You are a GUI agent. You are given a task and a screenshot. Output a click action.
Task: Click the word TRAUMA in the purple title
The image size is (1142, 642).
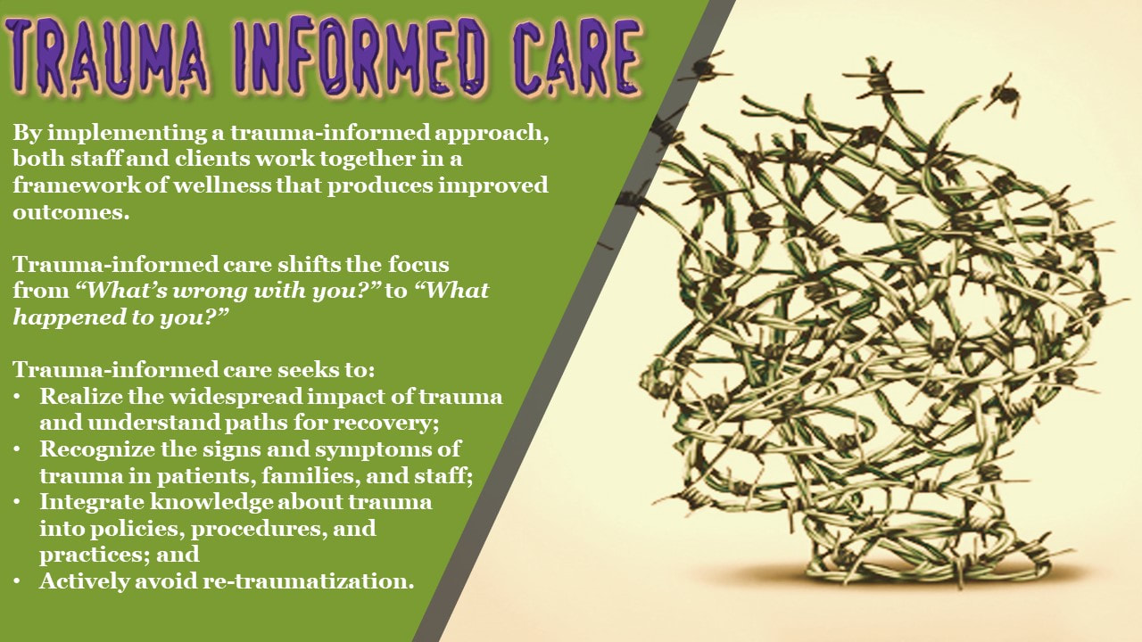[108, 57]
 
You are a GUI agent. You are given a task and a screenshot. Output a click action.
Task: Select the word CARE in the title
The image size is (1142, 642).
[577, 57]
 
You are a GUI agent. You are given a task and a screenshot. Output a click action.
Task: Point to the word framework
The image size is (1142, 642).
[77, 185]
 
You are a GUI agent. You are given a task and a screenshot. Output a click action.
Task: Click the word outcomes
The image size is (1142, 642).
[70, 212]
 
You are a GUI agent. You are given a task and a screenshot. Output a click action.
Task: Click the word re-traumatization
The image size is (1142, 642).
[309, 581]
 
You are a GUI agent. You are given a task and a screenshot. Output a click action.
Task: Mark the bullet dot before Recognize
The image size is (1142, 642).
[17, 450]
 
